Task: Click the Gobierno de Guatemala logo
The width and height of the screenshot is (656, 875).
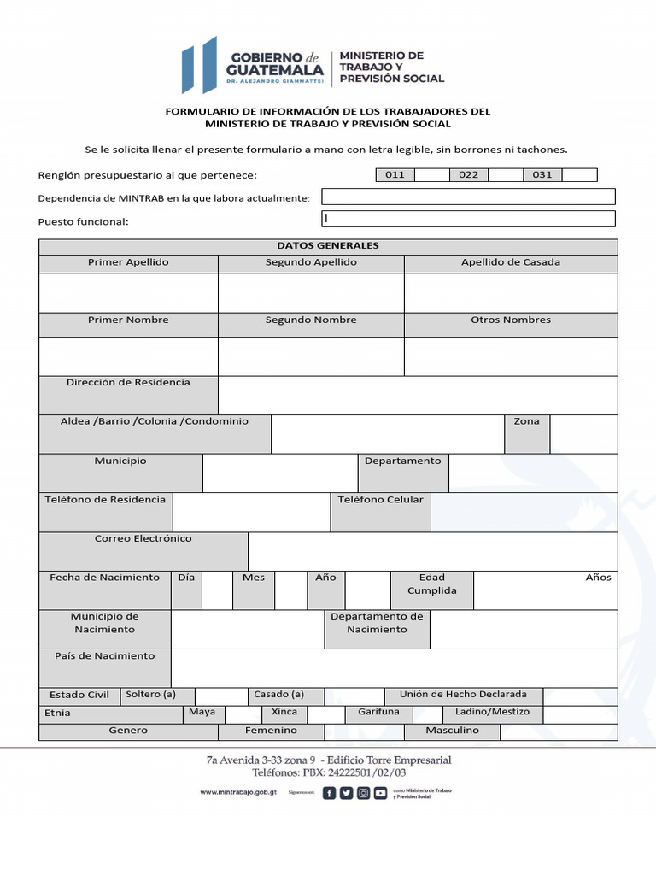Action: [x=253, y=66]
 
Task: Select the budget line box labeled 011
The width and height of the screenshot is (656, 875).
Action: [x=395, y=175]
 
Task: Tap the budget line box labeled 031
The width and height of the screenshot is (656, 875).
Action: [x=542, y=175]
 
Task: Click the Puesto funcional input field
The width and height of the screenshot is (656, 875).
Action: [x=468, y=220]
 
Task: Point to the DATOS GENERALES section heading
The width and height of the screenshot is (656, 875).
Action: [x=328, y=246]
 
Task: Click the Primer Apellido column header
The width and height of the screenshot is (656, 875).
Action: [x=128, y=263]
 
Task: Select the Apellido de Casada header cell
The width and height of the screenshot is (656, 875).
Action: [x=511, y=263]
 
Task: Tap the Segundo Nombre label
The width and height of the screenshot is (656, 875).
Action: [x=311, y=320]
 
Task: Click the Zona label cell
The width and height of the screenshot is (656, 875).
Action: [x=526, y=422]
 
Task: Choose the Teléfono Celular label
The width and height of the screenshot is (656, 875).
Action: [x=380, y=500]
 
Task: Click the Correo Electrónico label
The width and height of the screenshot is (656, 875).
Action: [x=143, y=539]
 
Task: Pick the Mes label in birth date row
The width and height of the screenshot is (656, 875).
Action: [x=254, y=578]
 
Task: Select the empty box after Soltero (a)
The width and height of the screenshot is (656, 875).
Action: [x=220, y=696]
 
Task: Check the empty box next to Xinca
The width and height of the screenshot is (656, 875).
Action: [x=325, y=714]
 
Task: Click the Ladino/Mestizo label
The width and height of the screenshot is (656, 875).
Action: [x=492, y=713]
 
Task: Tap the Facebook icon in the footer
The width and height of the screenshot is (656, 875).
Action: [x=330, y=793]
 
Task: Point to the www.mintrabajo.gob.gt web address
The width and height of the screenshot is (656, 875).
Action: [x=238, y=793]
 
